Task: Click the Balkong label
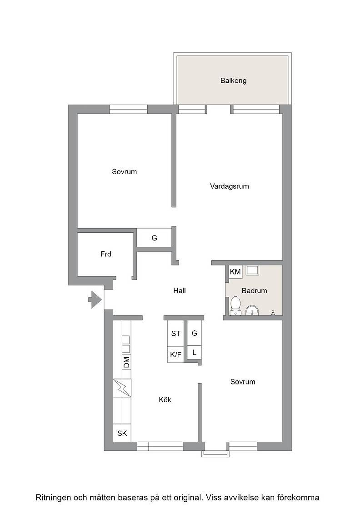tap(233, 80)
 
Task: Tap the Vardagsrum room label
tap(229, 186)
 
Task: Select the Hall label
tap(180, 290)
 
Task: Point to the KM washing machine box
tap(235, 272)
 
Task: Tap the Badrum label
tap(254, 290)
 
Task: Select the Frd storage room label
tap(106, 254)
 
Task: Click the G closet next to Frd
tap(154, 238)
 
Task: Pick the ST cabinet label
tap(175, 334)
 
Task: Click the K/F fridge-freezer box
tap(175, 354)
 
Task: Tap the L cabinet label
tap(195, 352)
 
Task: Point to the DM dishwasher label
tap(127, 362)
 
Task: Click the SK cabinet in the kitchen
tap(122, 433)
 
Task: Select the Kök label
tap(165, 399)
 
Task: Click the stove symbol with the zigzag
tap(122, 388)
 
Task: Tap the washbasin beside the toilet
tap(252, 310)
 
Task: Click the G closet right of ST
tap(195, 333)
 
